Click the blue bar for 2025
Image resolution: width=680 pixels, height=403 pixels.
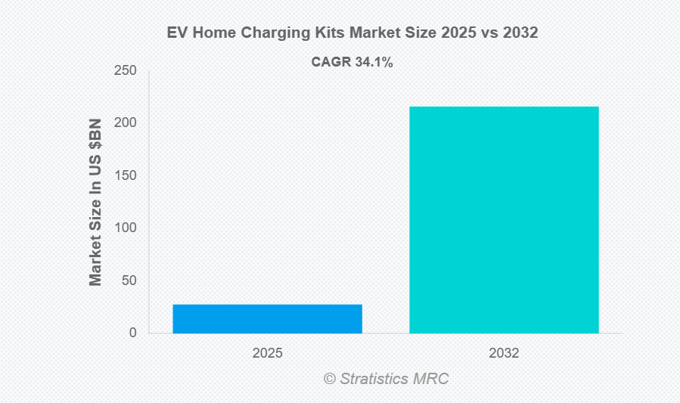click(267, 318)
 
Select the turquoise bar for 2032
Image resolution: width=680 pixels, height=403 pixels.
click(504, 219)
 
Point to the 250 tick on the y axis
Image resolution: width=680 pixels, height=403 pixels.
click(126, 71)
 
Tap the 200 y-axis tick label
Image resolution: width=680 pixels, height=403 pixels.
click(126, 123)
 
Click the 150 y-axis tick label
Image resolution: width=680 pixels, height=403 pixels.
click(126, 175)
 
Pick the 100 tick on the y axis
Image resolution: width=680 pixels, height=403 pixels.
click(126, 228)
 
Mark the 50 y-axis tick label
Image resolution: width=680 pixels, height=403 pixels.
click(129, 281)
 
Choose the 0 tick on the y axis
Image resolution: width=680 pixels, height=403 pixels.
click(132, 333)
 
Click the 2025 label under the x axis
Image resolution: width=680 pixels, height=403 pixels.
click(267, 353)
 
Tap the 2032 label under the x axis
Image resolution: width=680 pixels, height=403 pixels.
click(504, 353)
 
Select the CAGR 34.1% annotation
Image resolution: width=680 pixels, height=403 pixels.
click(352, 63)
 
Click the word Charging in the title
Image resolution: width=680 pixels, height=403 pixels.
click(269, 33)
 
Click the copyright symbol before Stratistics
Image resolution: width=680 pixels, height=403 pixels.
click(330, 379)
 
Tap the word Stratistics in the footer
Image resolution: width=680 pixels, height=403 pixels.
click(376, 379)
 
